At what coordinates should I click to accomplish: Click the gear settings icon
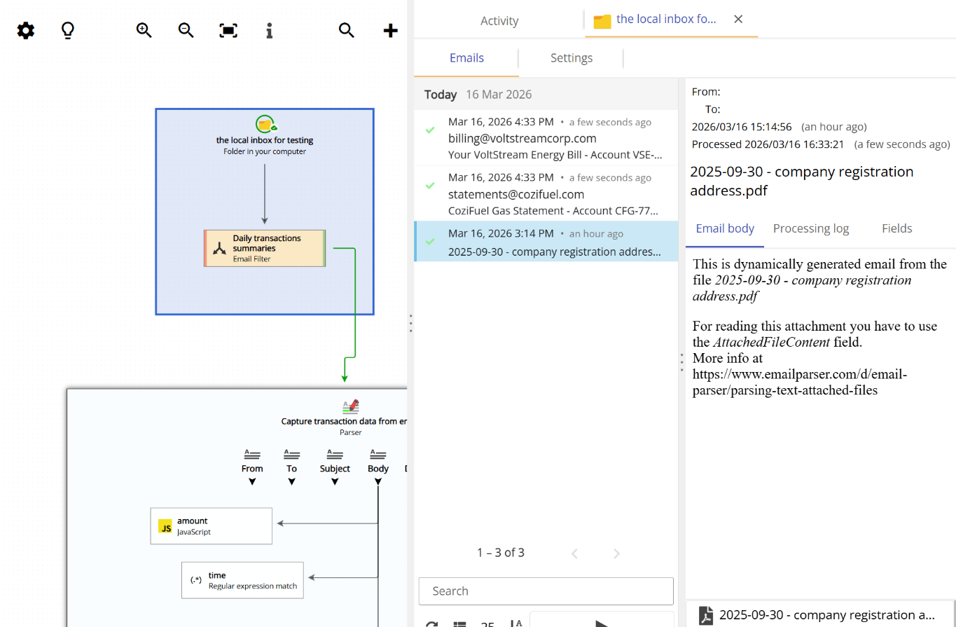pyautogui.click(x=26, y=31)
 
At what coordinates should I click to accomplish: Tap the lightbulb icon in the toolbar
pyautogui.click(x=68, y=31)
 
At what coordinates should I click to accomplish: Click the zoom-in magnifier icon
pyautogui.click(x=144, y=31)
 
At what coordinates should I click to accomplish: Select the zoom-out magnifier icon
pyautogui.click(x=186, y=31)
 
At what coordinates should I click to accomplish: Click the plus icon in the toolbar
pyautogui.click(x=391, y=31)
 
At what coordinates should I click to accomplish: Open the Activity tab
pyautogui.click(x=499, y=21)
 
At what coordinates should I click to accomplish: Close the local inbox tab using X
pyautogui.click(x=738, y=19)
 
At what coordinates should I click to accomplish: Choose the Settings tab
pyautogui.click(x=571, y=58)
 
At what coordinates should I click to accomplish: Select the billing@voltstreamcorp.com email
pyautogui.click(x=546, y=138)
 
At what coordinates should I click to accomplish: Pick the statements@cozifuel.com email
pyautogui.click(x=546, y=194)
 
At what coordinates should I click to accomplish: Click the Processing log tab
pyautogui.click(x=811, y=228)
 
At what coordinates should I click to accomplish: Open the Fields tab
pyautogui.click(x=897, y=228)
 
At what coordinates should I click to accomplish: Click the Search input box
pyautogui.click(x=546, y=591)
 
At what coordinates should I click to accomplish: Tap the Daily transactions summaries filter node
pyautogui.click(x=265, y=248)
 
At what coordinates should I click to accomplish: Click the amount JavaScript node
pyautogui.click(x=211, y=526)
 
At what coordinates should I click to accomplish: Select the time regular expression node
pyautogui.click(x=242, y=580)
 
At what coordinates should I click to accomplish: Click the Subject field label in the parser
pyautogui.click(x=335, y=469)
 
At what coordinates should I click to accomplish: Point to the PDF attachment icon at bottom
pyautogui.click(x=706, y=615)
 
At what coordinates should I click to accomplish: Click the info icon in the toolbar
pyautogui.click(x=270, y=31)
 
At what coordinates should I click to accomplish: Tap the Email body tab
pyautogui.click(x=725, y=228)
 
